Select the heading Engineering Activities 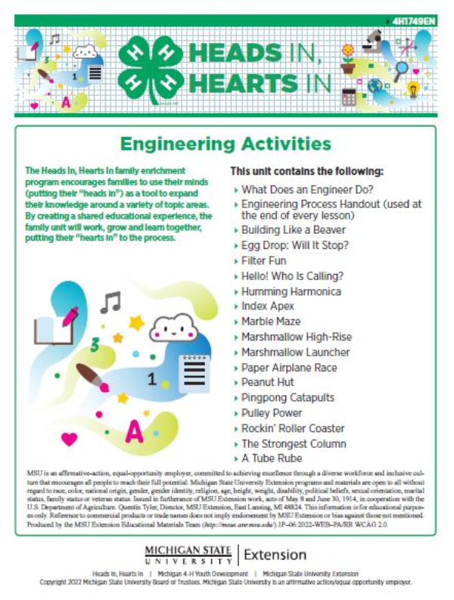(226, 143)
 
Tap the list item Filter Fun (266, 260)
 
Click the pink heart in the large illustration (70, 437)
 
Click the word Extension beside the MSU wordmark (275, 555)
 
